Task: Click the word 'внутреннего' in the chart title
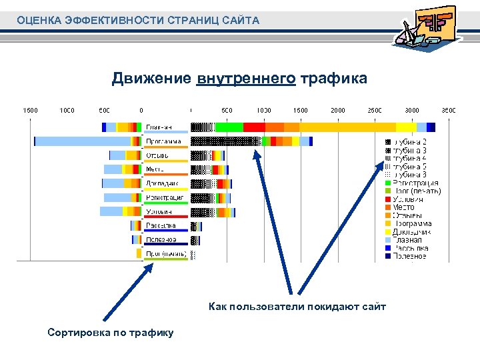(x=246, y=79)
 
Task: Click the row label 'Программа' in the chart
(x=163, y=141)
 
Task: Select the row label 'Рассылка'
(x=161, y=225)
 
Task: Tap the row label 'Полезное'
(x=161, y=239)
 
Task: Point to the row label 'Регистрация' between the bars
(x=164, y=197)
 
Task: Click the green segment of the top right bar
(x=229, y=127)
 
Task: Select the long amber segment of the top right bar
(x=347, y=127)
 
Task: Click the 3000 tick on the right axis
(x=412, y=110)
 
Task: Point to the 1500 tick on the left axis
(x=31, y=110)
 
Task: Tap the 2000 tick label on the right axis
(x=338, y=110)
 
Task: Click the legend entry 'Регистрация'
(x=415, y=183)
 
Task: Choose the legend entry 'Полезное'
(x=409, y=256)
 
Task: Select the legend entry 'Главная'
(x=407, y=239)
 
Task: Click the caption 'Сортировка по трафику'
(x=111, y=332)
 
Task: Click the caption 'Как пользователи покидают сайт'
(x=297, y=307)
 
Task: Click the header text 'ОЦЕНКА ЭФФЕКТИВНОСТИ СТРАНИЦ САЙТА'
(x=139, y=21)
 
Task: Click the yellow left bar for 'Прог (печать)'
(x=139, y=254)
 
